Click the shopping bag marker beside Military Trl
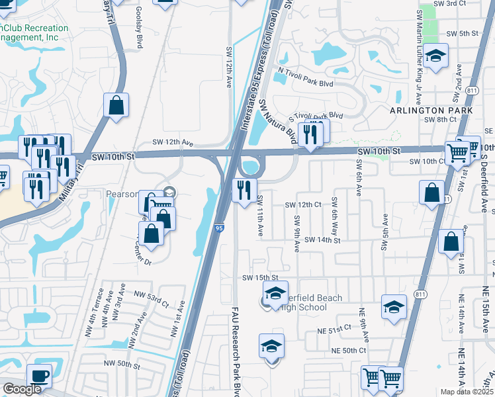click(x=116, y=105)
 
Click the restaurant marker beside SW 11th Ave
click(x=244, y=191)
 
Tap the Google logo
click(x=22, y=389)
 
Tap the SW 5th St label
click(x=462, y=33)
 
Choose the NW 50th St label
click(x=120, y=363)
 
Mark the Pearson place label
click(x=120, y=195)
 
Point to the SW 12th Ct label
click(x=303, y=205)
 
